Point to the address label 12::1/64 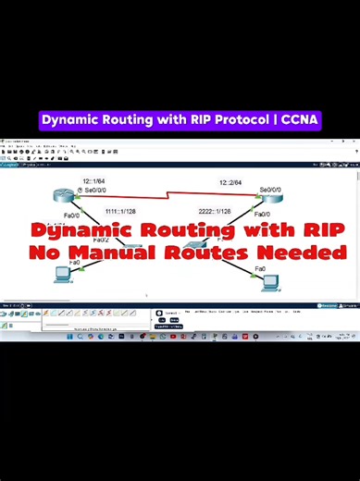click(93, 182)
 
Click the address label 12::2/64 click(230, 182)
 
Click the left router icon click(61, 195)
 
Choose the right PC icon click(270, 283)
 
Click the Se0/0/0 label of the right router click(275, 190)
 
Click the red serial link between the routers click(167, 196)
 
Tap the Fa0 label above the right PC click(260, 268)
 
